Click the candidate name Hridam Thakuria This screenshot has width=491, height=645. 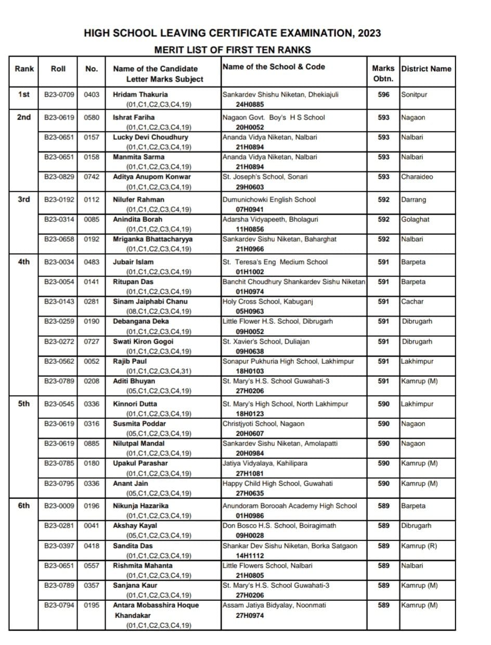tap(140, 95)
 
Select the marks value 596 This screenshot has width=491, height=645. tap(383, 95)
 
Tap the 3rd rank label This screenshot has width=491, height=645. tap(24, 199)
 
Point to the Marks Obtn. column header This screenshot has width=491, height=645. tap(383, 73)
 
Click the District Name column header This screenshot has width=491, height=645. tap(427, 69)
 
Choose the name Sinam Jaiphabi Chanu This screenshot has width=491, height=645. tap(150, 301)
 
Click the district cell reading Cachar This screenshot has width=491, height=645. tap(412, 301)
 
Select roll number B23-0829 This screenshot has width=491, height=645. tap(59, 177)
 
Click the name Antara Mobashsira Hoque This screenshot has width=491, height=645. tap(156, 605)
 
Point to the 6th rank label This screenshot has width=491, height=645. tap(24, 505)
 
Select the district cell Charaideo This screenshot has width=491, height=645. tap(417, 177)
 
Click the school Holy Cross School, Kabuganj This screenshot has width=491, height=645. tap(267, 301)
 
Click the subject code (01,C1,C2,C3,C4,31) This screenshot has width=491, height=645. tap(159, 372)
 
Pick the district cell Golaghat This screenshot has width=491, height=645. tap(415, 219)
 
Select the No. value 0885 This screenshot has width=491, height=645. tap(92, 443)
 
